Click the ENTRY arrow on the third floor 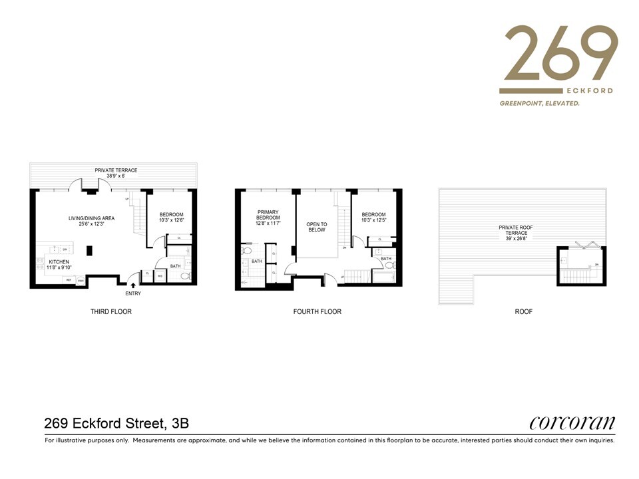pyautogui.click(x=133, y=285)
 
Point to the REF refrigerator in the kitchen pyautogui.click(x=69, y=280)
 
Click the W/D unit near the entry pyautogui.click(x=160, y=275)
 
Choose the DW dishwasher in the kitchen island pyautogui.click(x=65, y=249)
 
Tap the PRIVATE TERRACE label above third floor pyautogui.click(x=116, y=172)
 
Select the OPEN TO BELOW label pyautogui.click(x=317, y=227)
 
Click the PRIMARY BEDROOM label pyautogui.click(x=269, y=218)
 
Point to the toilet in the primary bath pyautogui.click(x=246, y=252)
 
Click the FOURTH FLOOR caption pyautogui.click(x=318, y=311)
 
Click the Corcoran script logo pyautogui.click(x=572, y=423)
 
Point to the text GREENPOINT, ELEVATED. pyautogui.click(x=540, y=104)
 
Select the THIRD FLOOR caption pyautogui.click(x=111, y=311)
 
